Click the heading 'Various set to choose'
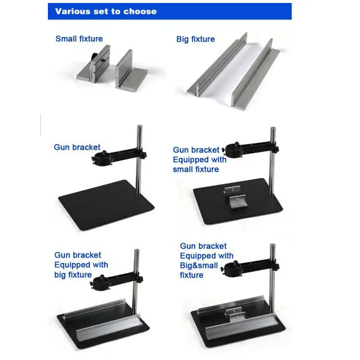pyautogui.click(x=105, y=11)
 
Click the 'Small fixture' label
pyautogui.click(x=79, y=39)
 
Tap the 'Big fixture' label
pyautogui.click(x=195, y=39)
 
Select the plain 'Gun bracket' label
pyautogui.click(x=77, y=147)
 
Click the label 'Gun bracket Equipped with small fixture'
pyautogui.click(x=199, y=159)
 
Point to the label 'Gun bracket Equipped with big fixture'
pyautogui.click(x=80, y=265)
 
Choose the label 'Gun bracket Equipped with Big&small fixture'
pyautogui.click(x=206, y=260)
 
